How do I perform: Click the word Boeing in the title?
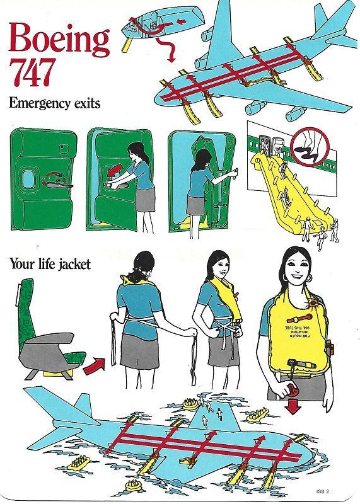pos(60,40)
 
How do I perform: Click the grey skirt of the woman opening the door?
pos(145,199)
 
